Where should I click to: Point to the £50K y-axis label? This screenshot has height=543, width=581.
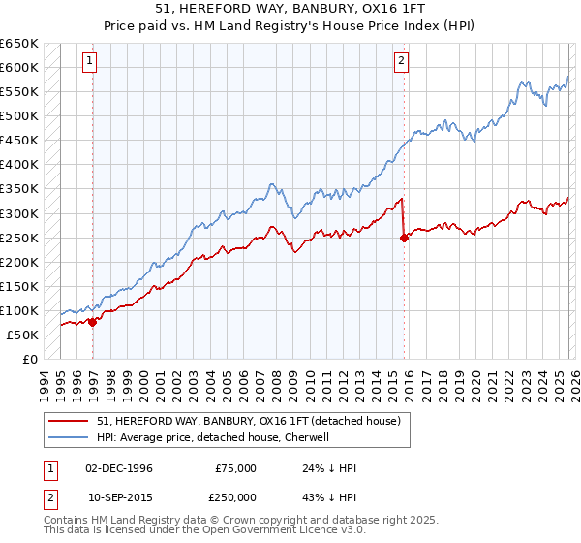(x=23, y=335)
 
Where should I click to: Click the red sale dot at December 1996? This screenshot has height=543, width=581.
(x=93, y=323)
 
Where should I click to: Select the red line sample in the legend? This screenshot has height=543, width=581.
(x=69, y=420)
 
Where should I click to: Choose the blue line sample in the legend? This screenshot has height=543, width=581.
(x=69, y=437)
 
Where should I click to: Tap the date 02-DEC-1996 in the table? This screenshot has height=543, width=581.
(x=119, y=468)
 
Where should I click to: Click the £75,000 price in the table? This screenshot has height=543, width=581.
(x=236, y=468)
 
